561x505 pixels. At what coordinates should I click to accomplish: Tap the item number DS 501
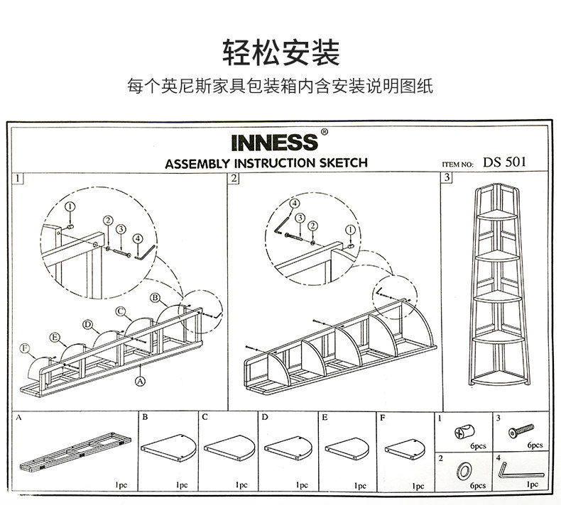(505, 161)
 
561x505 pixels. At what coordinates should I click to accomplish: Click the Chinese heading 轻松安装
(280, 52)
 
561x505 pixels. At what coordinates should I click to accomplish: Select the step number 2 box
(234, 178)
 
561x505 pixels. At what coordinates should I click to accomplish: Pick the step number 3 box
(447, 178)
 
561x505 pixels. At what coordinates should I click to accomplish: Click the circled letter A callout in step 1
(139, 380)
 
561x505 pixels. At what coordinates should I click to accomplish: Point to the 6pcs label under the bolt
(535, 445)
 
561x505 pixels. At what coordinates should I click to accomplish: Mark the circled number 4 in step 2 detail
(293, 204)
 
